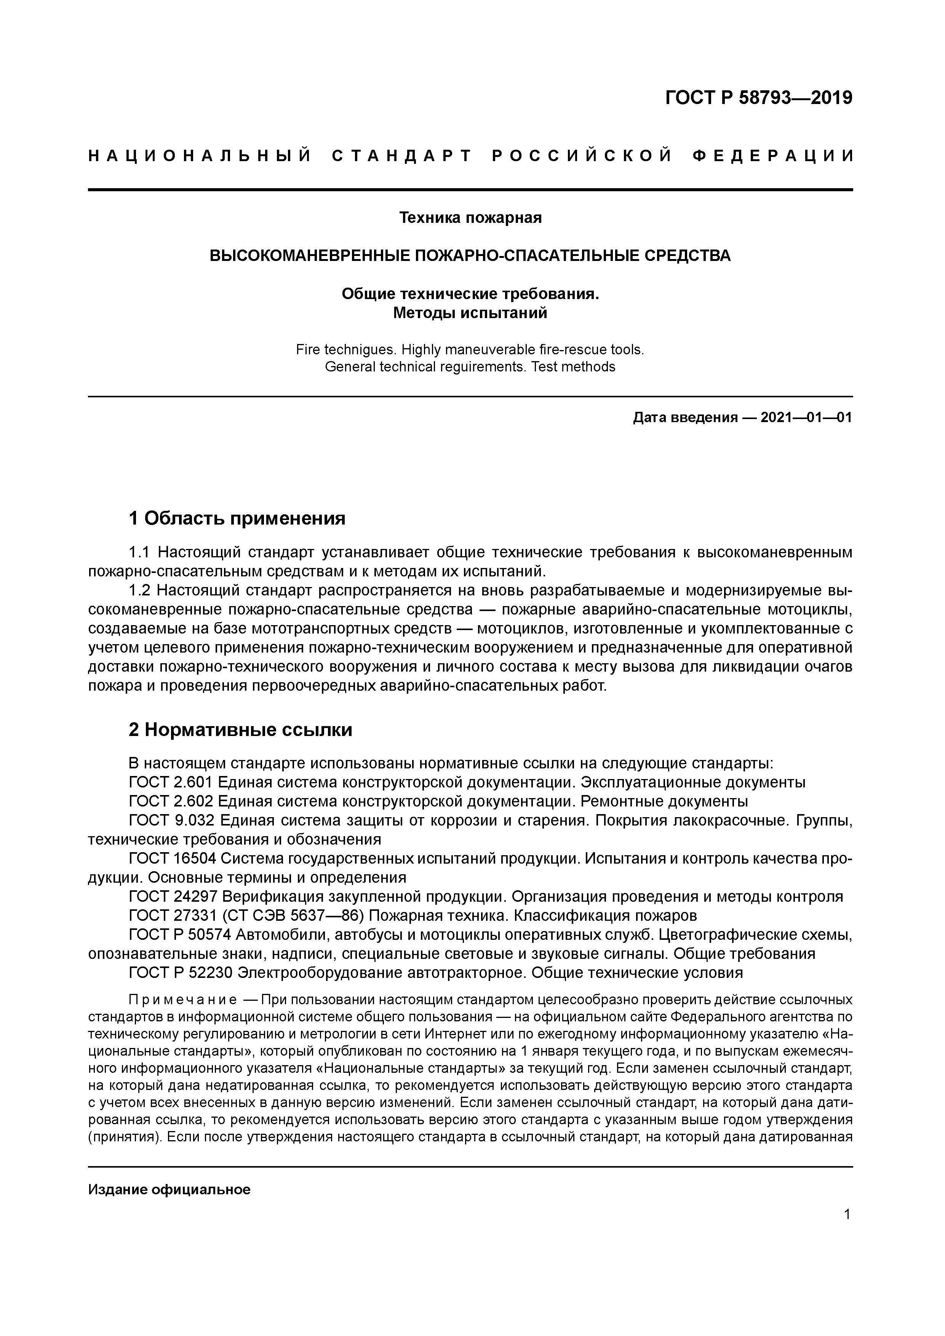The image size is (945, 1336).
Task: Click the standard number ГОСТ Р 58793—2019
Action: [758, 98]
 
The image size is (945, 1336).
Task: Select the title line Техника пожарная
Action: [470, 218]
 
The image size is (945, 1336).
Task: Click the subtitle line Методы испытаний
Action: [470, 313]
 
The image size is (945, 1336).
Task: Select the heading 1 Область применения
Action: [237, 518]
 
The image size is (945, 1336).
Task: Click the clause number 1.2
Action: [140, 590]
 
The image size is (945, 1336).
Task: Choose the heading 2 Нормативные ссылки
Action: [240, 729]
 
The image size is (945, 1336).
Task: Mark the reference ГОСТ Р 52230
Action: [181, 973]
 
